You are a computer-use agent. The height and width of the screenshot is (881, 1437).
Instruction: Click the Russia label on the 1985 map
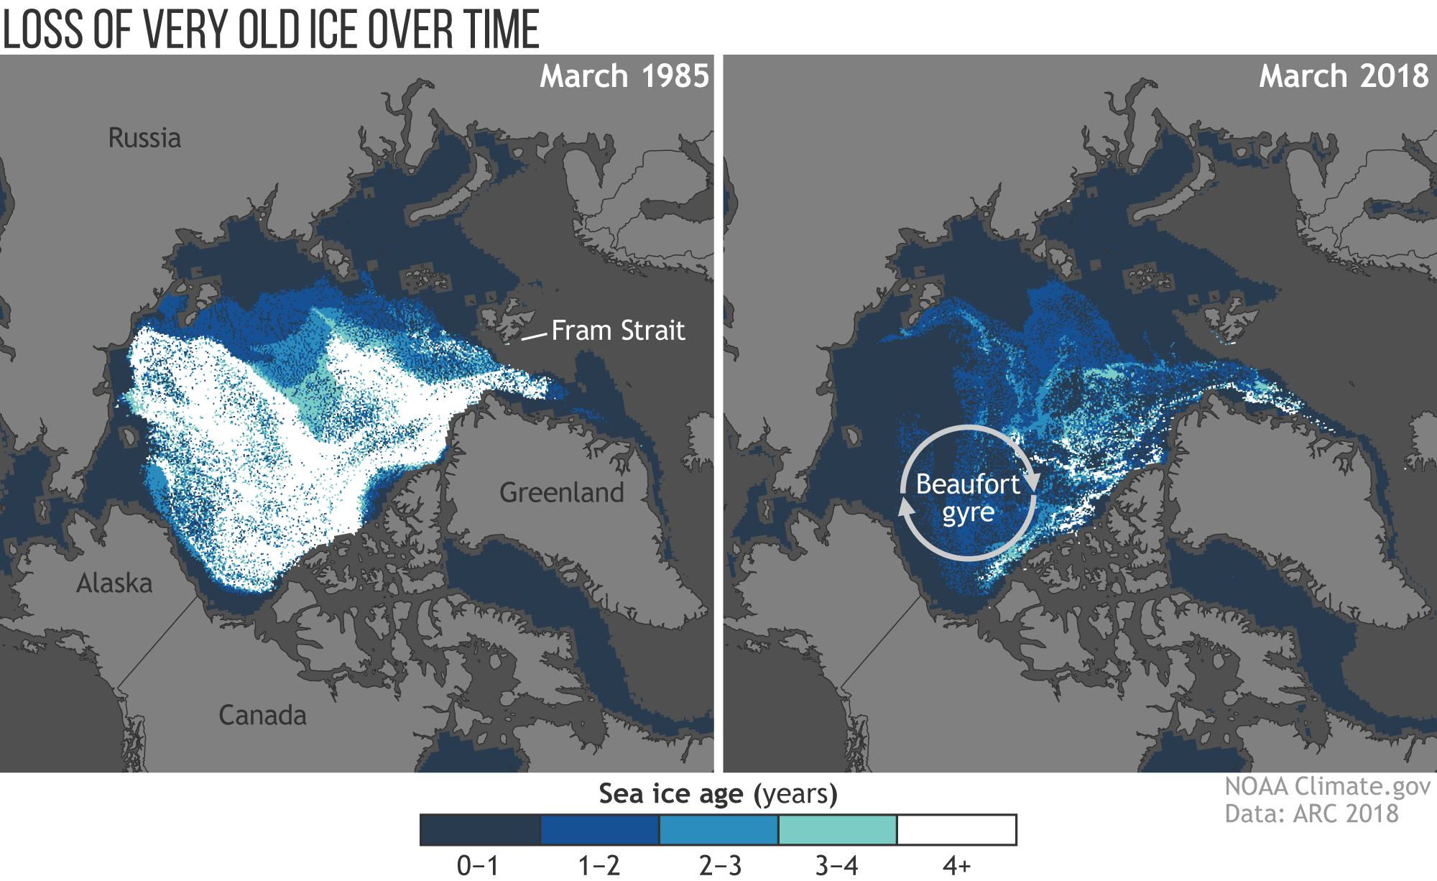point(144,138)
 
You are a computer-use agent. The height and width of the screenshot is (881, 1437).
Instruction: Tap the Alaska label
point(114,584)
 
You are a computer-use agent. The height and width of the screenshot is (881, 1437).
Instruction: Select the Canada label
point(262,716)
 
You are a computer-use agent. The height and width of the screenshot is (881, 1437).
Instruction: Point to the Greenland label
point(561,493)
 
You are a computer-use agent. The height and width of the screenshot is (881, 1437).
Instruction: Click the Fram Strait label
point(618,331)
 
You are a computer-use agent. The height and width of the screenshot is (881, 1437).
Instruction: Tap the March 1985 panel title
point(624,76)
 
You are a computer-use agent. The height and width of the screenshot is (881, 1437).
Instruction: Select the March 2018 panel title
point(1343,76)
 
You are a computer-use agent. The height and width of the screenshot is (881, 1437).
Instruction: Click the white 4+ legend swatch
point(956,830)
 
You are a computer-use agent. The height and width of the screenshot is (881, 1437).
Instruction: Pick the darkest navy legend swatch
point(480,830)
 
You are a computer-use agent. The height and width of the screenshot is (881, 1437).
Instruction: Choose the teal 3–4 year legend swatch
point(837,830)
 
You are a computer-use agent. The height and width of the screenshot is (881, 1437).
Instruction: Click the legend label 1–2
point(599,866)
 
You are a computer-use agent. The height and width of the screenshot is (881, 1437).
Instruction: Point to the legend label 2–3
point(719,866)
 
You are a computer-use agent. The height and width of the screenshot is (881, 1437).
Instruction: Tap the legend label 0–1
point(478,866)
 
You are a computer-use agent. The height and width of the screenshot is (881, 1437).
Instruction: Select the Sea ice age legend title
point(718,794)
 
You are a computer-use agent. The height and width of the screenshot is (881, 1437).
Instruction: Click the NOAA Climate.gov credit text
point(1327,786)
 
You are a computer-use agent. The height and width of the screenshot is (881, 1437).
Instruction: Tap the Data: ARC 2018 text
point(1311,813)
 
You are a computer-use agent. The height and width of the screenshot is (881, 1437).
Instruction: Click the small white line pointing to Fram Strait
point(534,336)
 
